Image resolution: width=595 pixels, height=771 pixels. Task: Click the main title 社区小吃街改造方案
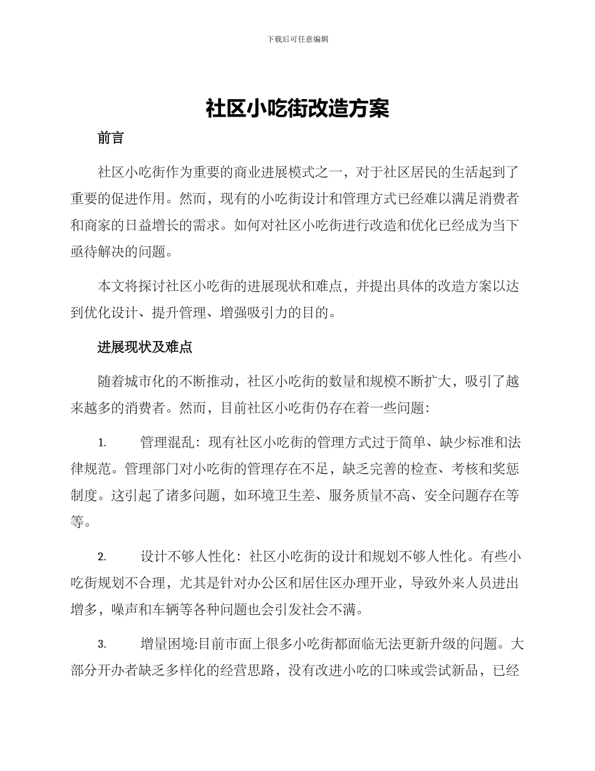click(297, 108)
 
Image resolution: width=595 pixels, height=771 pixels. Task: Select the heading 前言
click(111, 139)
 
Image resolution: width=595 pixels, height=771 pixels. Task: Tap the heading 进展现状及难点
click(145, 347)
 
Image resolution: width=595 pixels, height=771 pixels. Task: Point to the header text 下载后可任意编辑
click(297, 39)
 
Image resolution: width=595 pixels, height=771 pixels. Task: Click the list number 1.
click(101, 443)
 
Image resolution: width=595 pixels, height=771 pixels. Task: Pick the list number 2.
click(101, 557)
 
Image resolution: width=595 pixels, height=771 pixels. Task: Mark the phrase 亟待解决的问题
click(119, 252)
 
